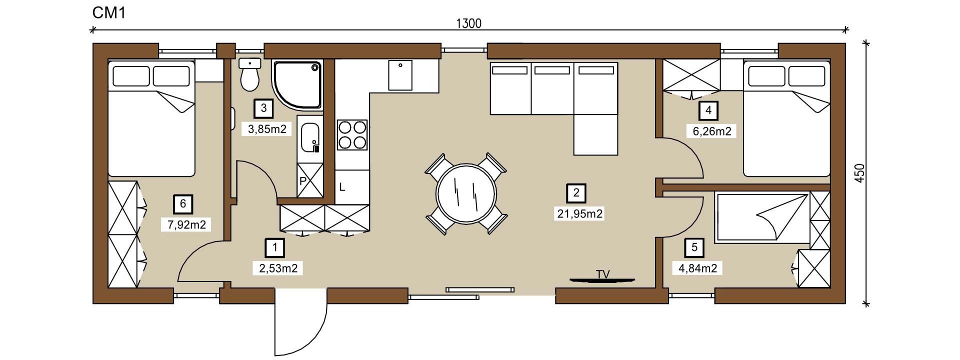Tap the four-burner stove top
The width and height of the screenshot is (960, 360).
pyautogui.click(x=352, y=135)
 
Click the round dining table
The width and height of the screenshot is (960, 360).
pyautogui.click(x=466, y=193)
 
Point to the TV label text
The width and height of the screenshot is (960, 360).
pyautogui.click(x=603, y=274)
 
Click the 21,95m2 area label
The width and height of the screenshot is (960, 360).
pyautogui.click(x=580, y=214)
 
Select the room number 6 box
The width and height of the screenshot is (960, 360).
pyautogui.click(x=183, y=203)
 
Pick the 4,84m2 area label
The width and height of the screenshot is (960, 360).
pyautogui.click(x=697, y=268)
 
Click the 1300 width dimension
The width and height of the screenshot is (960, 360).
pyautogui.click(x=469, y=23)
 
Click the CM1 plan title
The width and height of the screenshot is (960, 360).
pyautogui.click(x=108, y=13)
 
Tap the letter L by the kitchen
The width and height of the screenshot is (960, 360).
pyautogui.click(x=342, y=187)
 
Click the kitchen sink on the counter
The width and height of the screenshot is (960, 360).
pyautogui.click(x=400, y=75)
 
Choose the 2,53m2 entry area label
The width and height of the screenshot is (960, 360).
pyautogui.click(x=278, y=268)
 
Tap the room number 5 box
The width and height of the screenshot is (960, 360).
pyautogui.click(x=694, y=247)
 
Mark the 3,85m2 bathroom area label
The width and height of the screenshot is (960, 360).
pyautogui.click(x=267, y=129)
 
